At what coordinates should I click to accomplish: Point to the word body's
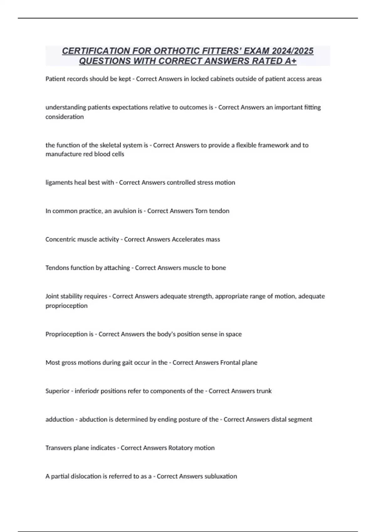[x=166, y=334]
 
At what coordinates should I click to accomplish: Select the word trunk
[x=264, y=391]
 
